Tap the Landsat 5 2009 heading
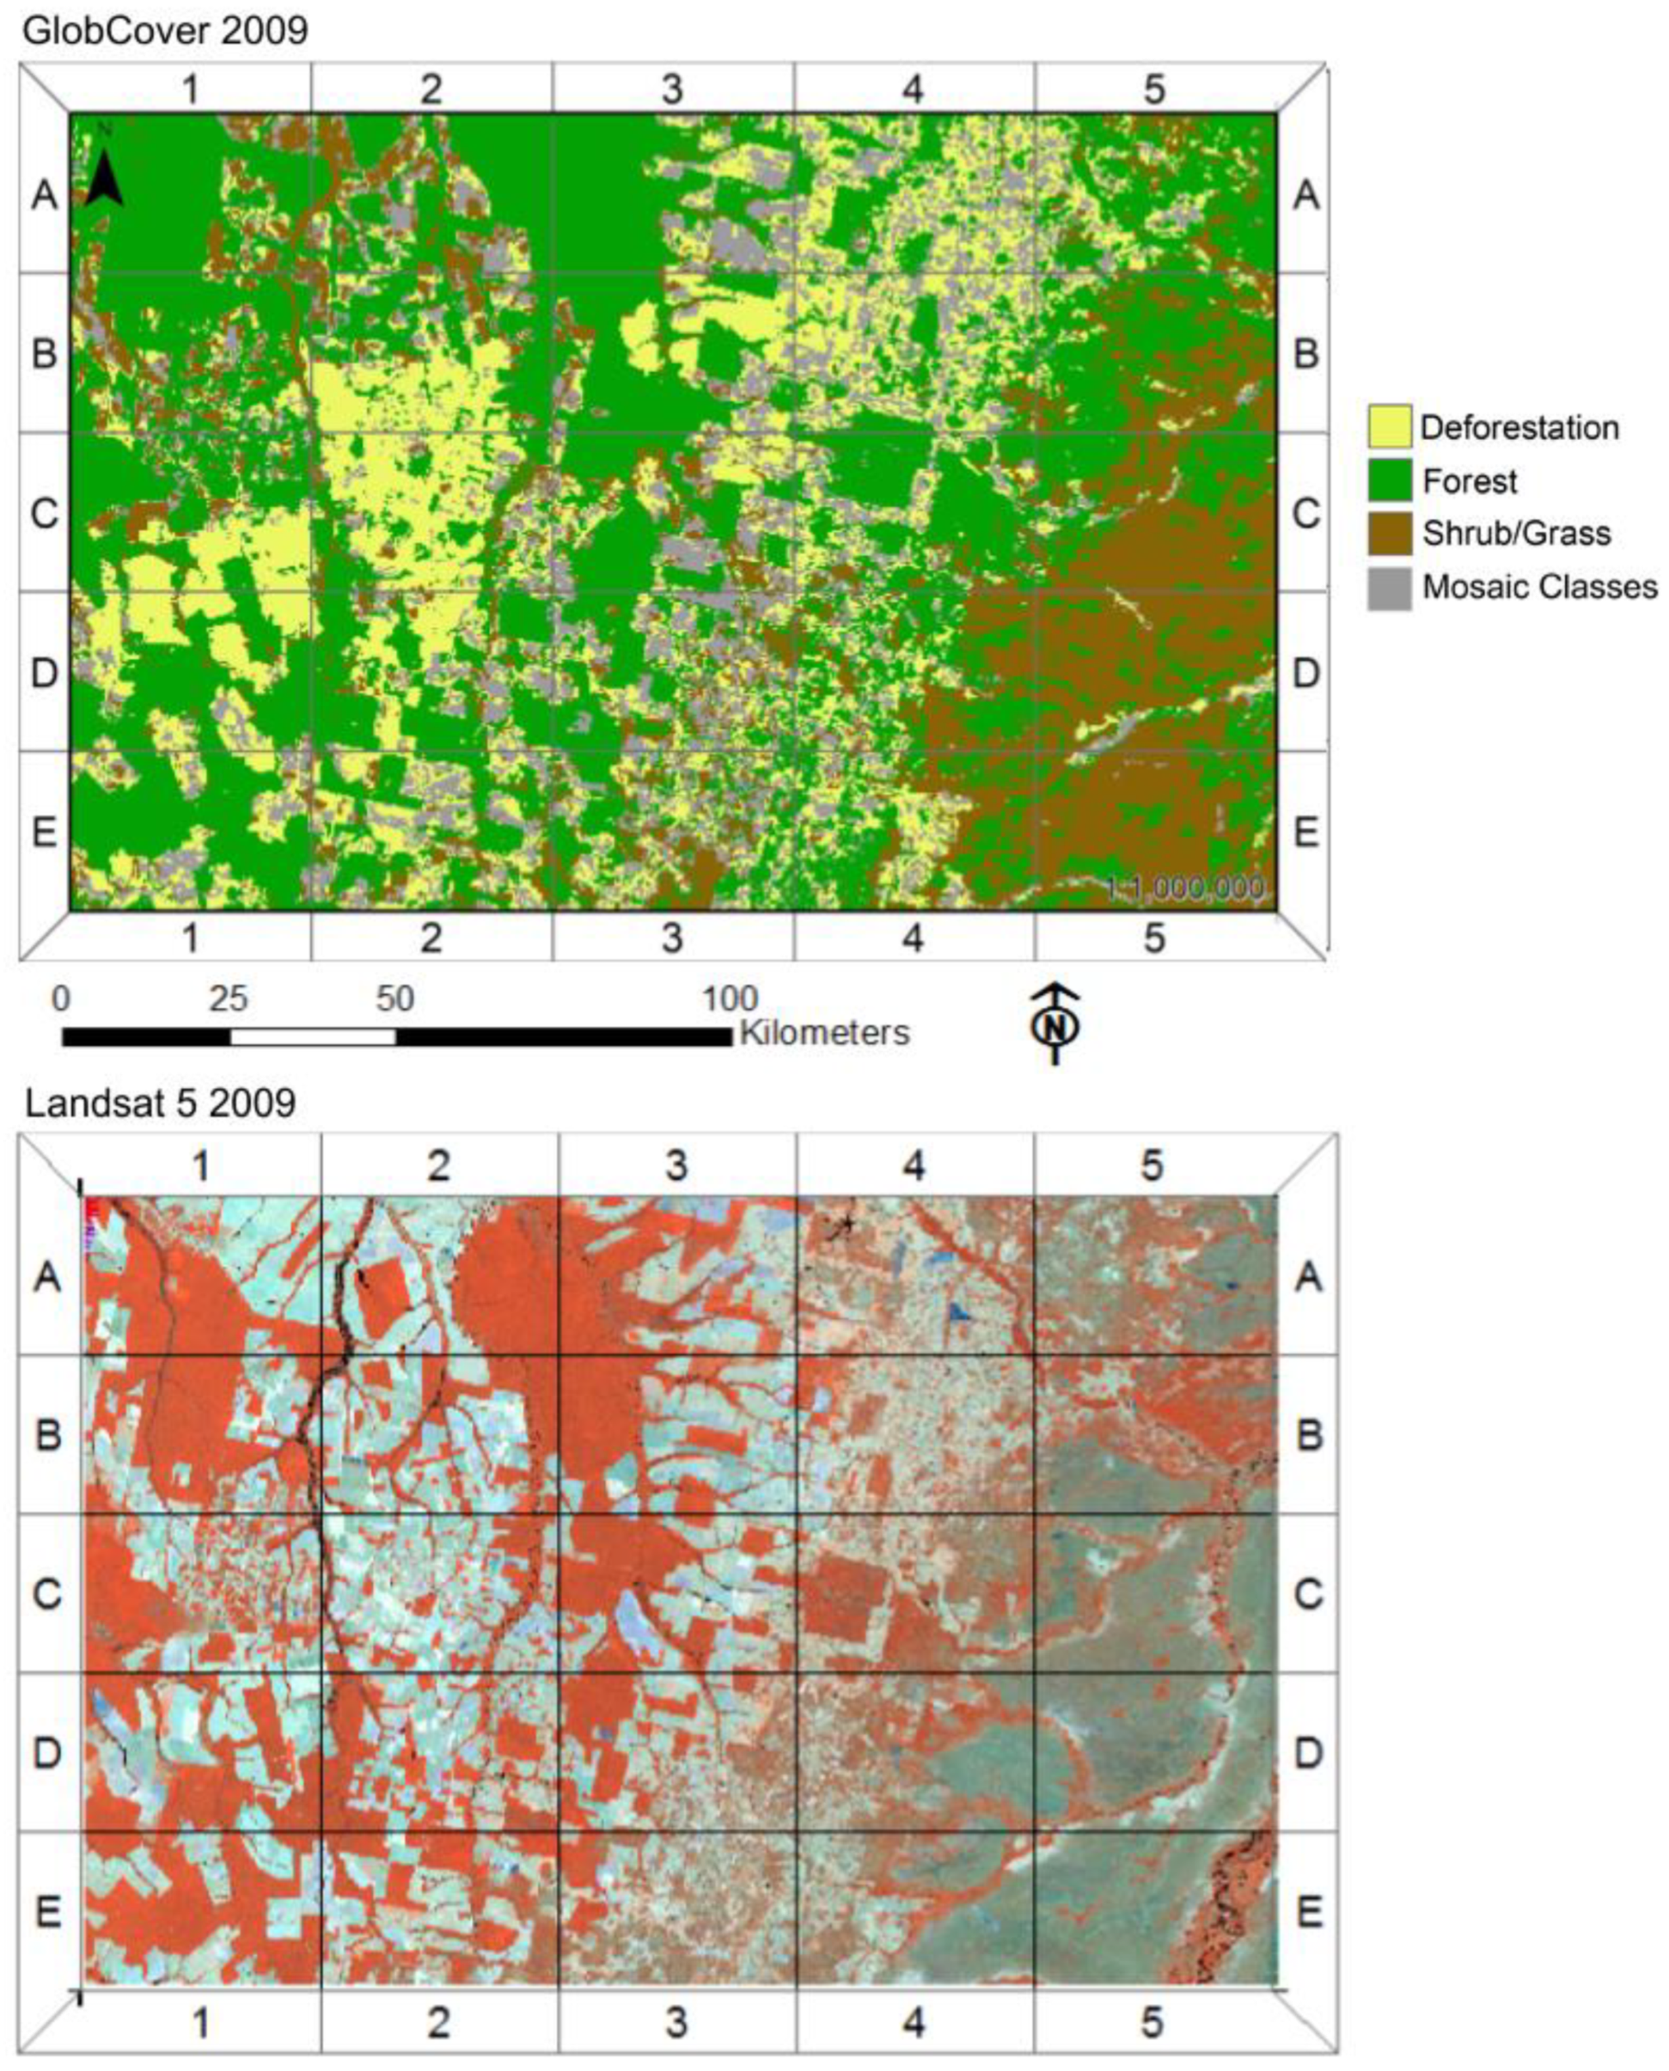click(x=159, y=1103)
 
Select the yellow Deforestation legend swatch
click(x=1389, y=427)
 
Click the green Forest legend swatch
click(x=1389, y=481)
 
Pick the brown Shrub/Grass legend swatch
click(x=1389, y=533)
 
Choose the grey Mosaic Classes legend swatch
click(x=1389, y=588)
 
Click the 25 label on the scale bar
click(x=229, y=999)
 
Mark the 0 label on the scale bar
click(x=62, y=999)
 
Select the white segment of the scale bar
click(x=313, y=1037)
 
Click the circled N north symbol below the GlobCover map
click(x=1055, y=1025)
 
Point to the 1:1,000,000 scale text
click(x=1184, y=887)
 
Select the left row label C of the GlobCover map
click(x=44, y=512)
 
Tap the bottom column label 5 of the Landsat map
click(x=1152, y=2023)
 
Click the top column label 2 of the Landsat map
click(x=439, y=1166)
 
